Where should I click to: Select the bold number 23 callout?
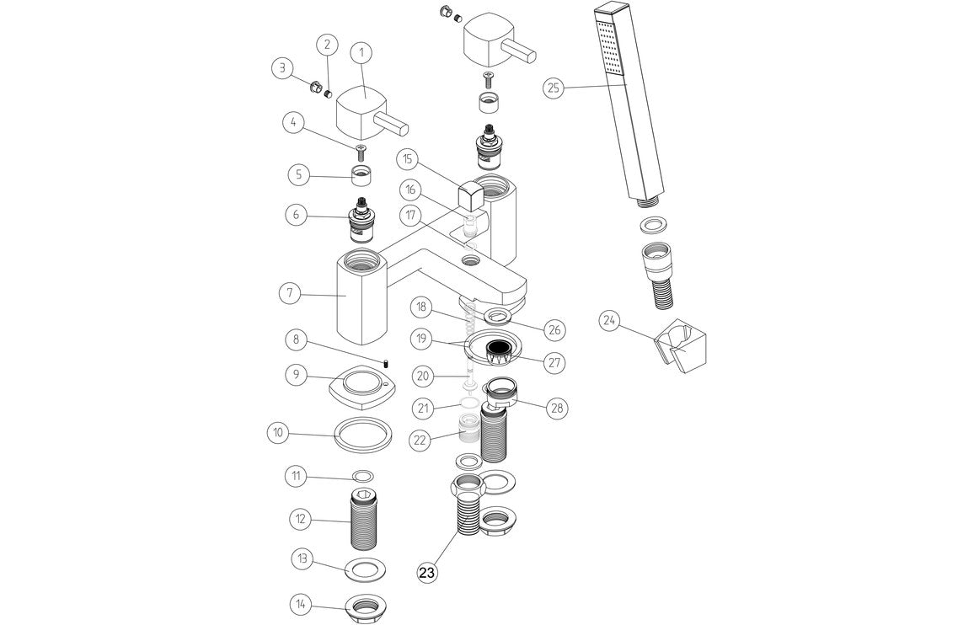pyautogui.click(x=427, y=573)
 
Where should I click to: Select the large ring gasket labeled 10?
pyautogui.click(x=364, y=435)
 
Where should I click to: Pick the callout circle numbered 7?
pyautogui.click(x=290, y=294)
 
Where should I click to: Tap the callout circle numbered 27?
pyautogui.click(x=554, y=363)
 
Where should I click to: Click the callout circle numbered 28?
pyautogui.click(x=555, y=409)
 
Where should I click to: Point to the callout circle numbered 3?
pyautogui.click(x=283, y=67)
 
